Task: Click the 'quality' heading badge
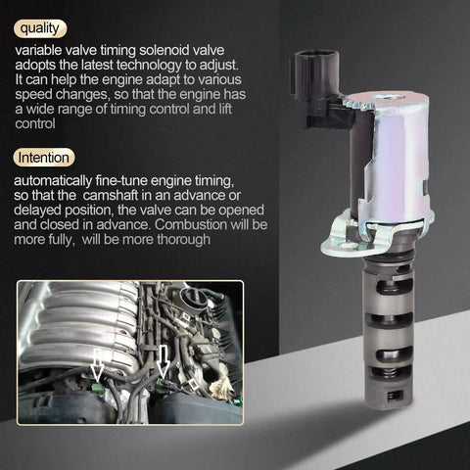pos(40,28)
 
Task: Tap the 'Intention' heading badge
pos(44,158)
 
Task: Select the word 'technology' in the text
pos(149,66)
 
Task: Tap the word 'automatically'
pos(53,180)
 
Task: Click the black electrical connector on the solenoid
pos(321,88)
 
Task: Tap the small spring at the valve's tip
pos(395,397)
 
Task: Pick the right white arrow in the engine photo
pos(164,361)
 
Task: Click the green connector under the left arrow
pos(97,389)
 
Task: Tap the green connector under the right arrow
pos(161,385)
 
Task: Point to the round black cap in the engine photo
pos(195,298)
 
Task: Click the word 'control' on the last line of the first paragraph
pos(35,123)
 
